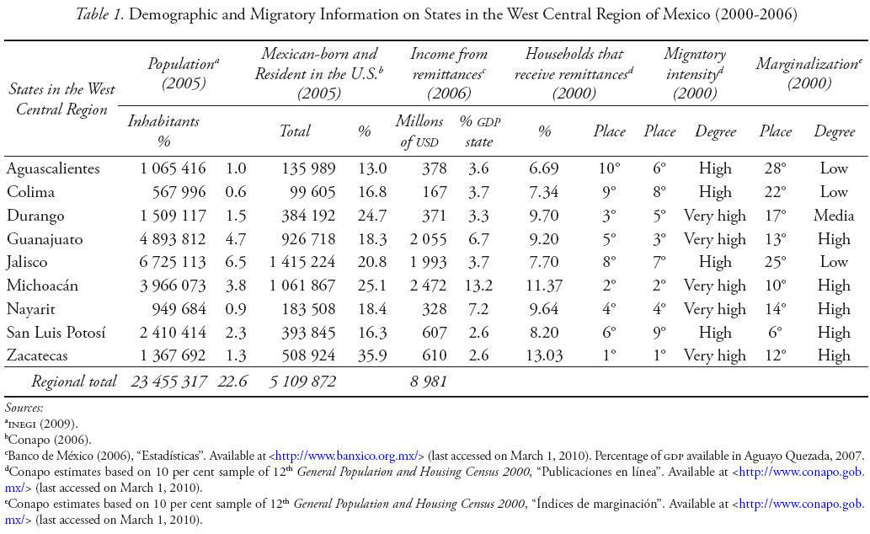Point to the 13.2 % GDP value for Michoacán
tap(478, 286)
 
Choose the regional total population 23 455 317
tap(168, 382)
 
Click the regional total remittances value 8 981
tap(427, 382)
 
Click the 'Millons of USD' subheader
tap(419, 131)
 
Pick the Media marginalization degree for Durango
tap(834, 216)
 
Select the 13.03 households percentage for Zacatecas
tap(545, 355)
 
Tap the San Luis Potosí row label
tap(56, 332)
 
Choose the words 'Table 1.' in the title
tap(103, 14)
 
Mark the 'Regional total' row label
tap(74, 382)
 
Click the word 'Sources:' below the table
tap(24, 409)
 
